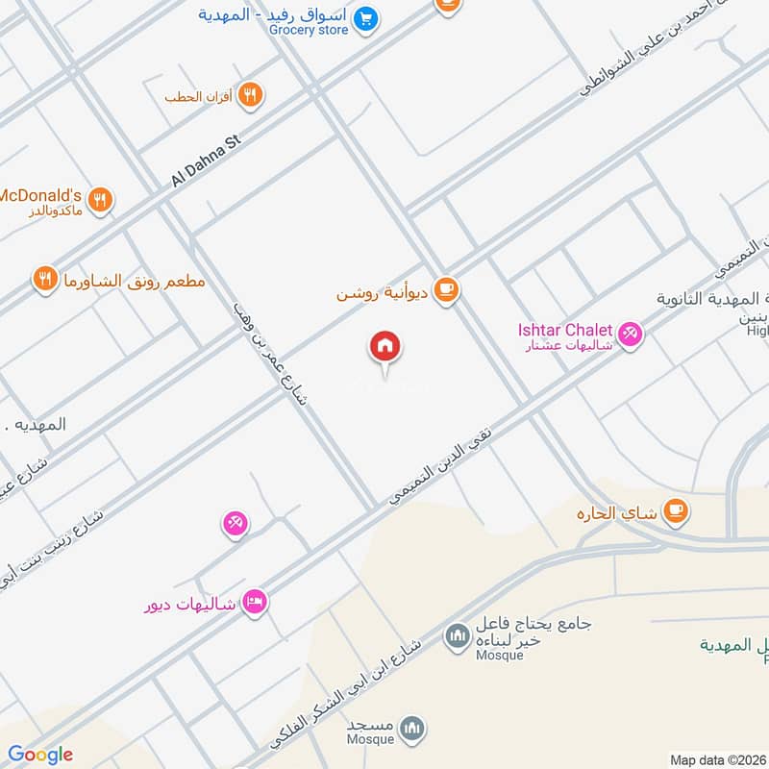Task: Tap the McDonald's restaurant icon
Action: click(x=100, y=200)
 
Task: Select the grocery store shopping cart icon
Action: click(x=364, y=18)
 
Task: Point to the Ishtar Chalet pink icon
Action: click(x=631, y=334)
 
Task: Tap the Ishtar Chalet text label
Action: click(x=566, y=330)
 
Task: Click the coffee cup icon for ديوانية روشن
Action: click(x=445, y=289)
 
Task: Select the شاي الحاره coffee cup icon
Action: click(x=677, y=511)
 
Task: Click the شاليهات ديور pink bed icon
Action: click(x=256, y=602)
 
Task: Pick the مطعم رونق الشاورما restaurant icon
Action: click(x=44, y=280)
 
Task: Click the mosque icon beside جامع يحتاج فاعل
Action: click(x=456, y=635)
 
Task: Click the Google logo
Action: click(x=40, y=754)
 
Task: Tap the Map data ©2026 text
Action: click(x=717, y=759)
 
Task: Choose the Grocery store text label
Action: click(x=308, y=29)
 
